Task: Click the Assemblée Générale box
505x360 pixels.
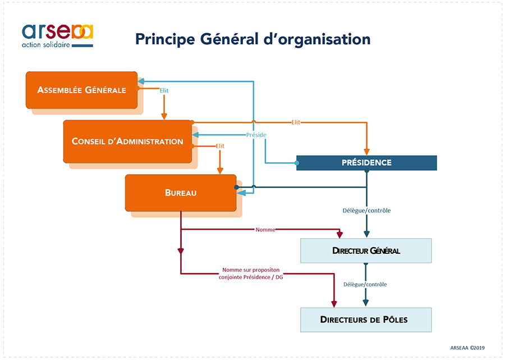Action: click(x=81, y=90)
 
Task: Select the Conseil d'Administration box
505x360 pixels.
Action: click(x=127, y=141)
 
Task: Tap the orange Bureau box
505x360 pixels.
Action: click(x=181, y=193)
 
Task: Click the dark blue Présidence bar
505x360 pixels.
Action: click(x=366, y=163)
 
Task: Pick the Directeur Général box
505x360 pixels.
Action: click(x=366, y=250)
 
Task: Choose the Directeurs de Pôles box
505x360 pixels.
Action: click(x=366, y=320)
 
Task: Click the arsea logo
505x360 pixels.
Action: click(x=57, y=31)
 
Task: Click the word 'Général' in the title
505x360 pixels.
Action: click(x=223, y=39)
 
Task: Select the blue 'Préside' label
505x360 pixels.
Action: click(x=256, y=135)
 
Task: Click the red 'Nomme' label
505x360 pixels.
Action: click(x=265, y=230)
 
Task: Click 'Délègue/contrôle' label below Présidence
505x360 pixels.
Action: click(x=366, y=211)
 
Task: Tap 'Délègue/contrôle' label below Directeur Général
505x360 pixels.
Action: click(x=365, y=284)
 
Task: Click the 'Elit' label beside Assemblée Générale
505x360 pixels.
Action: click(x=164, y=90)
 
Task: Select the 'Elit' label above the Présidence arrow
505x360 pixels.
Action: click(x=295, y=122)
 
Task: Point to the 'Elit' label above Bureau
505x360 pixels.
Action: click(x=220, y=146)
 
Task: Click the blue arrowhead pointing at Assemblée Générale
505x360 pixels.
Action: click(x=141, y=81)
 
